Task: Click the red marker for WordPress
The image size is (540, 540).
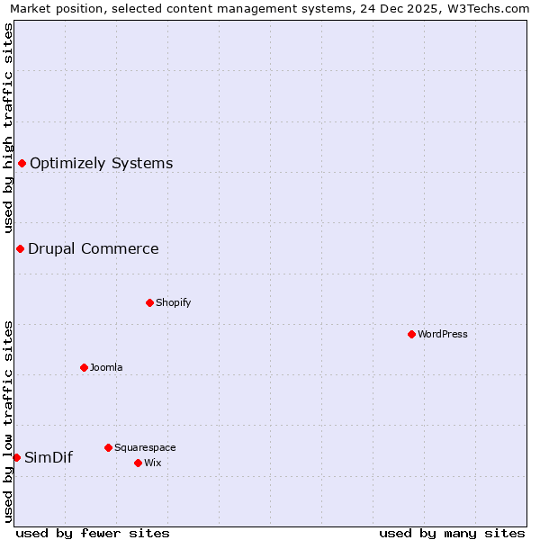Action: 411,334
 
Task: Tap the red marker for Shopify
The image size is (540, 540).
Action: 149,302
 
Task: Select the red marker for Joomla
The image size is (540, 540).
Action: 84,367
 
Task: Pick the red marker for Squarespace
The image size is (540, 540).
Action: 108,447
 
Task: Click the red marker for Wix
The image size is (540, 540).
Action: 138,463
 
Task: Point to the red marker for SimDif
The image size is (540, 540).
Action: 16,457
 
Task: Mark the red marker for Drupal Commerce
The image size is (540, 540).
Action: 20,248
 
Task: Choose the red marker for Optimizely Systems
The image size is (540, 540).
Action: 22,163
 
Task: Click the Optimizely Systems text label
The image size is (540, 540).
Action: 101,163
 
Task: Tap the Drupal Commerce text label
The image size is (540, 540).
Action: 93,248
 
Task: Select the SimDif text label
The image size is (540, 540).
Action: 49,457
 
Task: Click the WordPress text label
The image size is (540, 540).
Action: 442,334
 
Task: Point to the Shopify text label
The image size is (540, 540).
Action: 173,302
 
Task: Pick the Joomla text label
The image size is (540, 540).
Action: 106,367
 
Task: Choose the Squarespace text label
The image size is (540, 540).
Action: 145,447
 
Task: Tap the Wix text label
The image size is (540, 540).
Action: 152,463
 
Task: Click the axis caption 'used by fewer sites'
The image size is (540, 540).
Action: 93,533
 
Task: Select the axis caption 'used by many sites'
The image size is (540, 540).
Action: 452,533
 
